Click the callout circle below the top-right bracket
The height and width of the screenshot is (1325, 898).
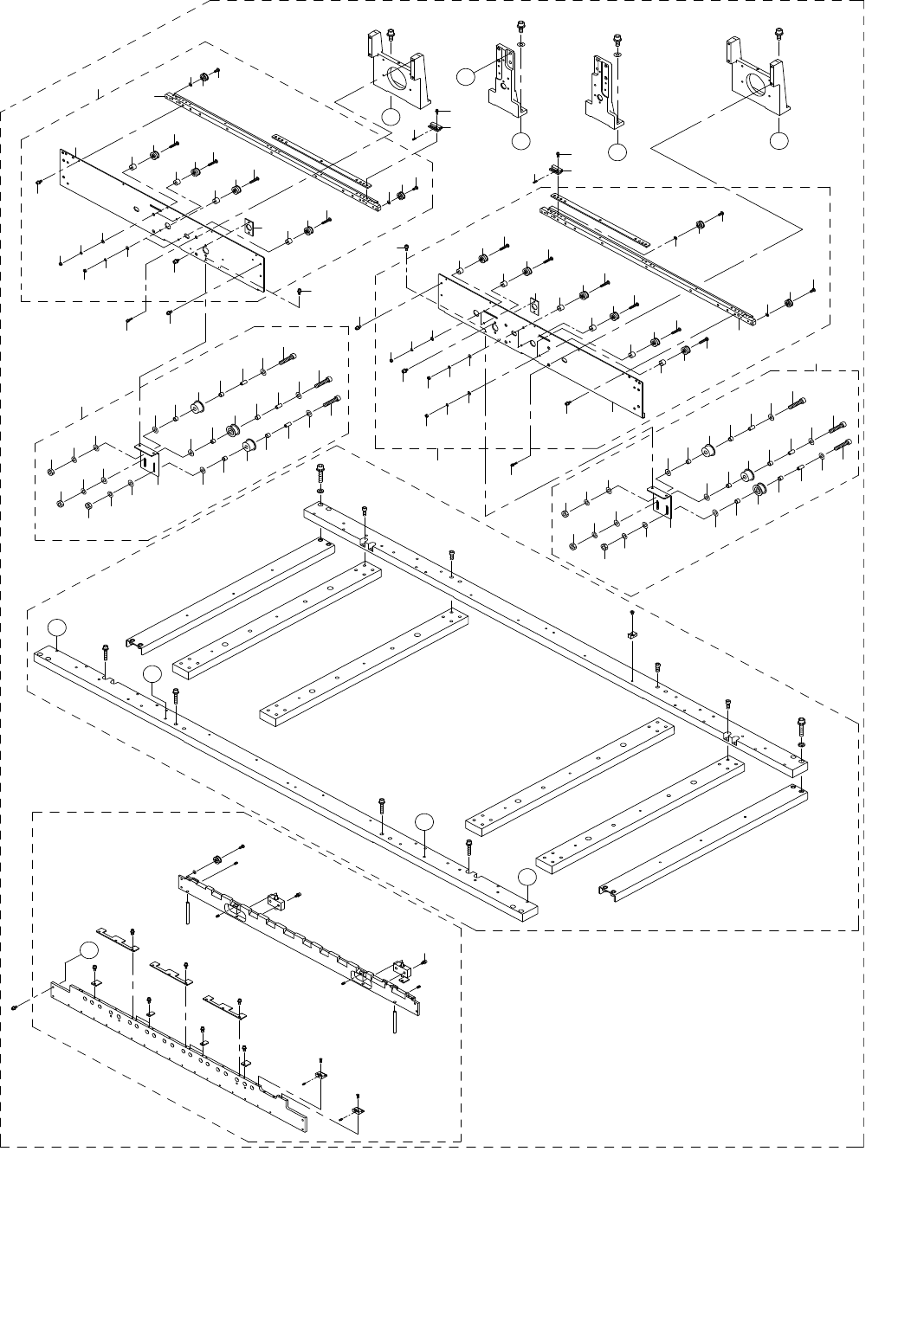click(780, 139)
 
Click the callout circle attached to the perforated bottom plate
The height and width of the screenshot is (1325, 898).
click(87, 949)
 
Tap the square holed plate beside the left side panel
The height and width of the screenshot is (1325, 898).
click(249, 228)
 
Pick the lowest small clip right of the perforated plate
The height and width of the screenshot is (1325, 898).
click(358, 1110)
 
